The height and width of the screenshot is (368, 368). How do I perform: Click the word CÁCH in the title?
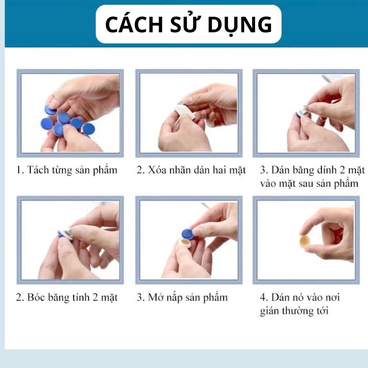click(134, 24)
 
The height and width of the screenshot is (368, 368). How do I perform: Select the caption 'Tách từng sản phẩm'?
click(72, 171)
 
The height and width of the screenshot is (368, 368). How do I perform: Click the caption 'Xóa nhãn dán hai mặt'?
click(197, 171)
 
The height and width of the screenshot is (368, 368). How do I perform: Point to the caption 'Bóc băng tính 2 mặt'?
click(72, 298)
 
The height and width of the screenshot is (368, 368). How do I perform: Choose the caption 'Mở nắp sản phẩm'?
click(188, 298)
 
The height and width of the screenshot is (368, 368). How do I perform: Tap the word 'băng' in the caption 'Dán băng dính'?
click(303, 171)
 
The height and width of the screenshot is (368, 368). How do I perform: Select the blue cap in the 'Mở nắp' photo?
click(188, 234)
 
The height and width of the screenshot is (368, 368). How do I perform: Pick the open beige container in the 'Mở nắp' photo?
click(185, 243)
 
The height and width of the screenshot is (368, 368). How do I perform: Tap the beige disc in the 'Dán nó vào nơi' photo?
click(305, 241)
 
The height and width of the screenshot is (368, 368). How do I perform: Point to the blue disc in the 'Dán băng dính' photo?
click(299, 115)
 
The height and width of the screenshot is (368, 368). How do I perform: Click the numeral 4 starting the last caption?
click(263, 298)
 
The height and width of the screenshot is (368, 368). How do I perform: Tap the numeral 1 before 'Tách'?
click(19, 170)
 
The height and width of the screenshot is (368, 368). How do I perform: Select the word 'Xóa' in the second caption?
click(156, 170)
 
